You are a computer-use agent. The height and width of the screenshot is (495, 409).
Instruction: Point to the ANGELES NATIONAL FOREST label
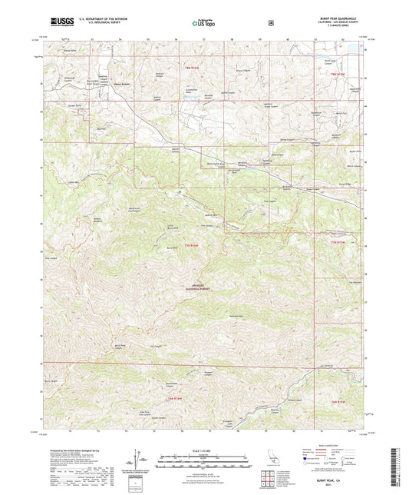coord(203,286)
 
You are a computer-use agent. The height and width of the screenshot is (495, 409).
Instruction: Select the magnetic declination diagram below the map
coord(138,458)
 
